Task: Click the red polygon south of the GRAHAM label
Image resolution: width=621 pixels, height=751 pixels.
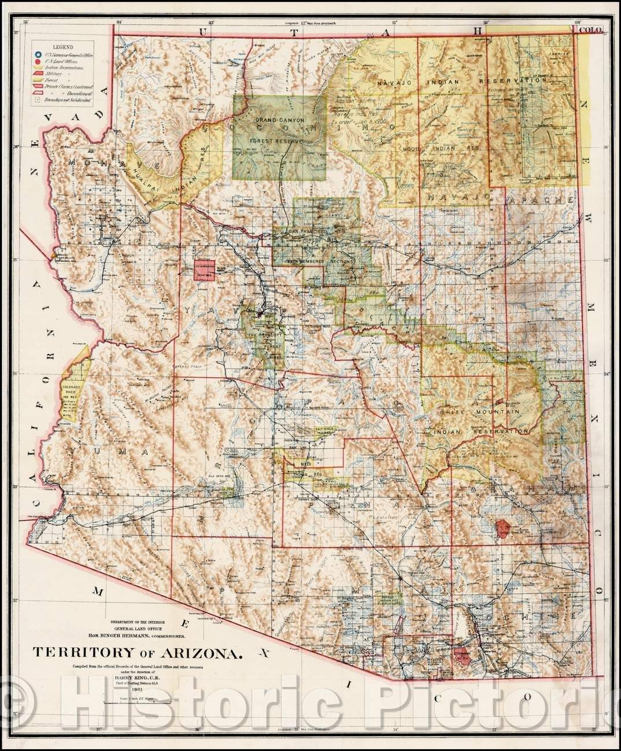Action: (505, 528)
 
